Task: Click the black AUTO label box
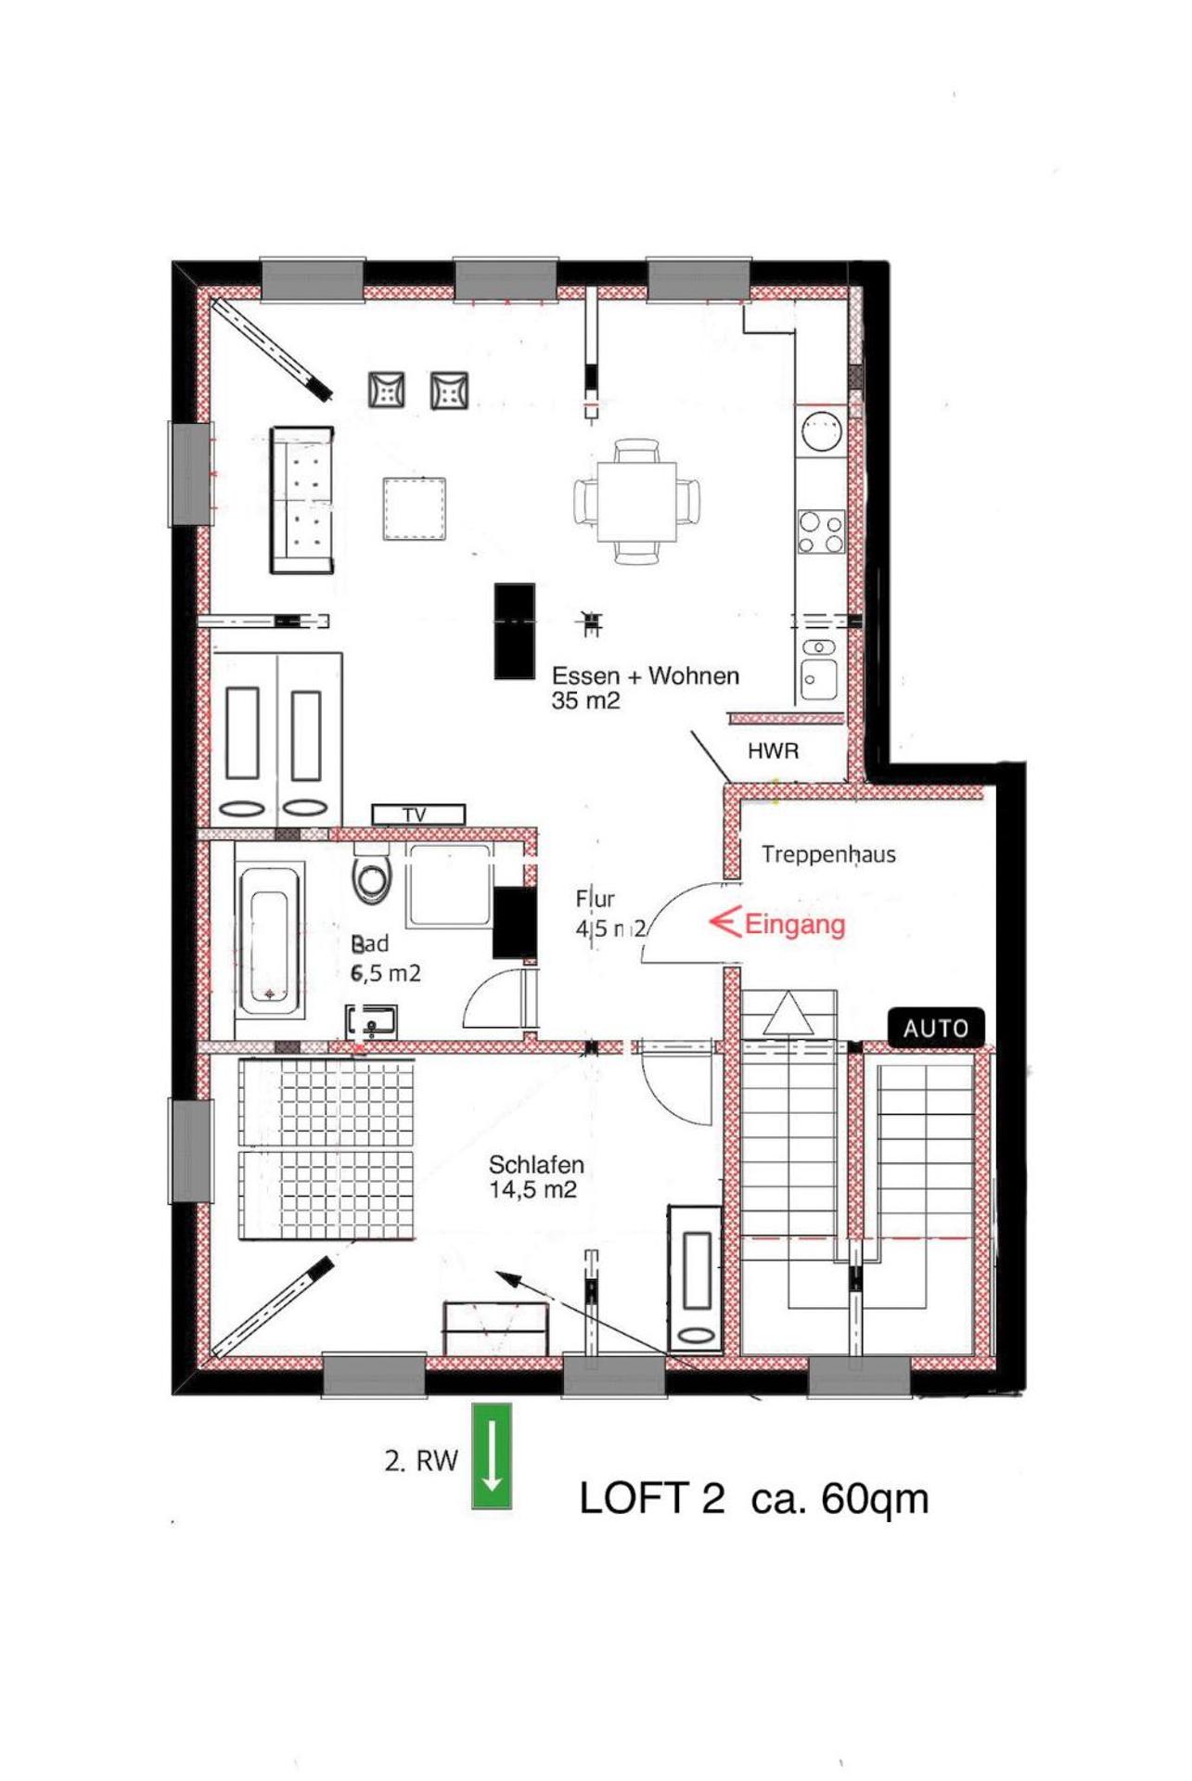coord(935,1028)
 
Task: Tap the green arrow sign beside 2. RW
coord(492,1455)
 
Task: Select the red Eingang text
coord(794,924)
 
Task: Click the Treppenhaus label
coord(828,854)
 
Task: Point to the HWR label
coord(773,750)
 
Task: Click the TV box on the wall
coord(417,814)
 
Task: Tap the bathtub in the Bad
coord(270,941)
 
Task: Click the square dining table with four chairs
coord(636,502)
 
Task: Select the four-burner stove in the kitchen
coord(821,532)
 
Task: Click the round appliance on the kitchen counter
coord(821,430)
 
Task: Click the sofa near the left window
coord(302,500)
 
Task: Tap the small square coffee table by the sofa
coord(415,508)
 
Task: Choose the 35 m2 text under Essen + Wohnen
coord(585,701)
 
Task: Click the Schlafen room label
coord(535,1164)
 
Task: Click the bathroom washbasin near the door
coord(371,1022)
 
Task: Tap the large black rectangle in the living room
coord(514,631)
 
